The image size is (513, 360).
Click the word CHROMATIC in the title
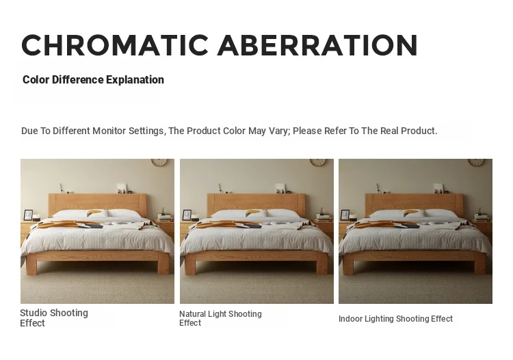coord(115,45)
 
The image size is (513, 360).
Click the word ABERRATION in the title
coord(317,45)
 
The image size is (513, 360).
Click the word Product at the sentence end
coord(419,131)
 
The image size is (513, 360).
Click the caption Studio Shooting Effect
coord(54,318)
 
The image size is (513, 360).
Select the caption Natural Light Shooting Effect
coord(220,318)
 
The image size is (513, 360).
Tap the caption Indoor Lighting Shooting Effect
coord(395,319)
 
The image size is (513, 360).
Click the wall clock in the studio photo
coord(159,162)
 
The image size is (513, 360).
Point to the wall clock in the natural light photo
coord(318,162)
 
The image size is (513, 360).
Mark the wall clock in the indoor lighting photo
coord(476,162)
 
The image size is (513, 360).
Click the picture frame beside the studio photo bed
coord(29,215)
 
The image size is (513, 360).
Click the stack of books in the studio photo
coord(165,217)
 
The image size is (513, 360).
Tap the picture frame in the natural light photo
coord(187,215)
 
